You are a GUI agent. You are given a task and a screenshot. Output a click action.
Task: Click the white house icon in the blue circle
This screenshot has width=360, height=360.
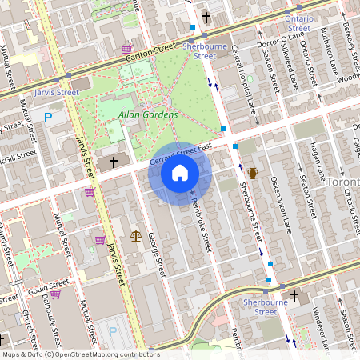(x=180, y=173)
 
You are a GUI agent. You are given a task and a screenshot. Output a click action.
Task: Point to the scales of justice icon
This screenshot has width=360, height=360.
(x=135, y=236)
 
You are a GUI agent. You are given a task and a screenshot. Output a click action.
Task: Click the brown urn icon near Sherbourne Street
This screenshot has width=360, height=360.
(x=253, y=173)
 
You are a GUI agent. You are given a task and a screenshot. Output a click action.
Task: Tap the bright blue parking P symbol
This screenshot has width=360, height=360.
(x=48, y=117)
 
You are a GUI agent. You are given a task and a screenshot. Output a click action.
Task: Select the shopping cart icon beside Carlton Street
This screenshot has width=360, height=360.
(x=126, y=50)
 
